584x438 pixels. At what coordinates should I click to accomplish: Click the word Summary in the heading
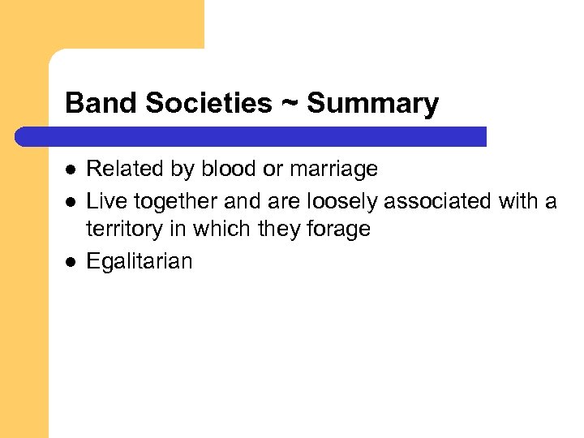click(x=373, y=104)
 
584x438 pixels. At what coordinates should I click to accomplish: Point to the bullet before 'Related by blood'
click(x=70, y=170)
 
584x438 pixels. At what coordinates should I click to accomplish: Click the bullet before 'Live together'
click(x=70, y=200)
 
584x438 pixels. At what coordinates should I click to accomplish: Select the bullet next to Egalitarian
click(x=70, y=261)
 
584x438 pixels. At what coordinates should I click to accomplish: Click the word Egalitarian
click(x=140, y=261)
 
